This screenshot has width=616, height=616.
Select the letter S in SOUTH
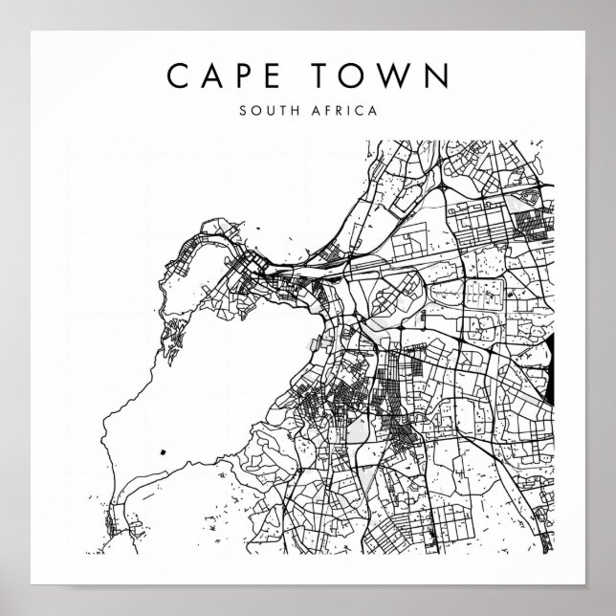pos(244,110)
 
